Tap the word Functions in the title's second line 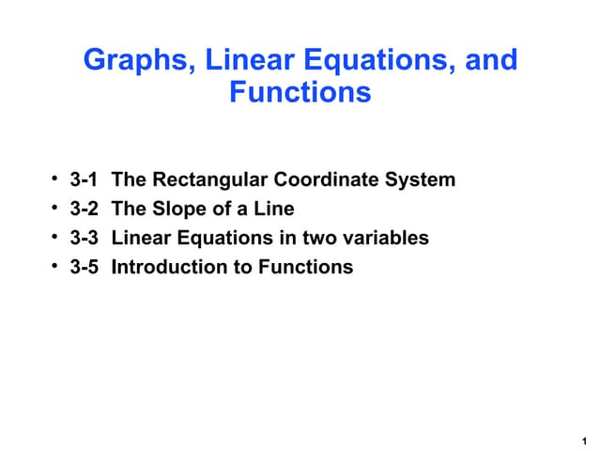pos(300,93)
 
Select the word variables pos(387,238)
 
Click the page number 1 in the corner pos(585,440)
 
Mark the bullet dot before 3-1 pos(56,179)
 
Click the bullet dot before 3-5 pos(56,266)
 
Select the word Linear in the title pos(249,61)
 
